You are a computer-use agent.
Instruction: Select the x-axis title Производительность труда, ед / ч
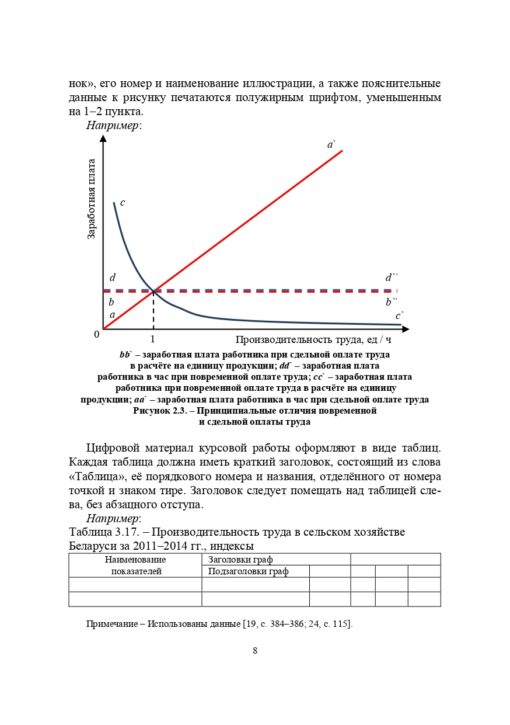tap(313, 339)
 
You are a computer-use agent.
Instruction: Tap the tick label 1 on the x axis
tap(153, 339)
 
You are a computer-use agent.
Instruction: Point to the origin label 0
tap(97, 335)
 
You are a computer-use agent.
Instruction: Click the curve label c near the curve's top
tap(123, 203)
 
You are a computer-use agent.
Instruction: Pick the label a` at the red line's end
tap(331, 144)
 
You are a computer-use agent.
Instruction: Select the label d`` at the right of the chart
tap(391, 278)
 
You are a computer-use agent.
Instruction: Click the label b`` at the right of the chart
tap(391, 302)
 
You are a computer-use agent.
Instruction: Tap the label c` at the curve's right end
tap(400, 315)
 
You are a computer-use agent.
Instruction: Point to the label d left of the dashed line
tap(113, 278)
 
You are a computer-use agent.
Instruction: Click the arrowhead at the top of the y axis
tap(103, 139)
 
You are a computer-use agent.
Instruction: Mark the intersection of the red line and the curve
tap(153, 290)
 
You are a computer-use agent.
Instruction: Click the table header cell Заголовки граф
tap(240, 560)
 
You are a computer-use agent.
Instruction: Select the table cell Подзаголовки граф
tap(249, 571)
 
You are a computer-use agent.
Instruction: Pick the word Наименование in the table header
tap(135, 560)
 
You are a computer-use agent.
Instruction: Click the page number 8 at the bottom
tap(255, 651)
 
